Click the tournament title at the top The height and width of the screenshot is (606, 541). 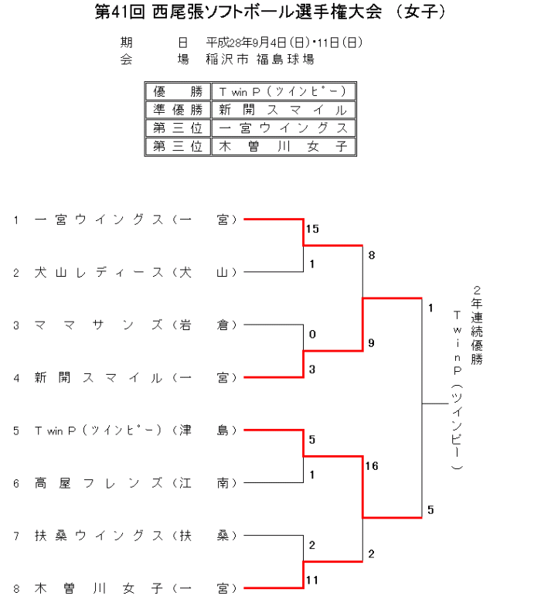(270, 13)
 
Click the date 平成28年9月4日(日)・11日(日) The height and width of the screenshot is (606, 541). (284, 43)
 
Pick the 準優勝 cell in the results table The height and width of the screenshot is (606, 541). (178, 110)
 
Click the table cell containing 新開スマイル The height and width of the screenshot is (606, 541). (284, 110)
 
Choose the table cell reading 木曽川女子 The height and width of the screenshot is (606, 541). (284, 146)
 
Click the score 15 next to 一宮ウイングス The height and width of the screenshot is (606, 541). (312, 230)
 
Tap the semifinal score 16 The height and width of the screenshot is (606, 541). (372, 466)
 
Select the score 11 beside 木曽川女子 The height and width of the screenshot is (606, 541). (312, 579)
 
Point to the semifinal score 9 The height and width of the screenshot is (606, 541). (372, 342)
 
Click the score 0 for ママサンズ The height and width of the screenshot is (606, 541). (312, 335)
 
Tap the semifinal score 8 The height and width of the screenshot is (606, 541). (372, 255)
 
